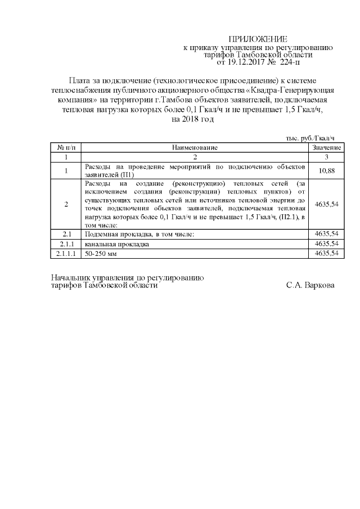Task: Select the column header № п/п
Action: (x=66, y=147)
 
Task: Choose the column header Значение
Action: (x=327, y=147)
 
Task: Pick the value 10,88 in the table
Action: (x=327, y=170)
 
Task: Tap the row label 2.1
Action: (x=66, y=233)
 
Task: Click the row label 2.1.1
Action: (x=66, y=244)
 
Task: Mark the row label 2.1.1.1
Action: (x=66, y=254)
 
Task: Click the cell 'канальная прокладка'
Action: (x=116, y=244)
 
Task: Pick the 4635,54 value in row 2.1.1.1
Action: (x=327, y=254)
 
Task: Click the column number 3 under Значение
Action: (x=327, y=157)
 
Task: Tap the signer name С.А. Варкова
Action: (x=310, y=285)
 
